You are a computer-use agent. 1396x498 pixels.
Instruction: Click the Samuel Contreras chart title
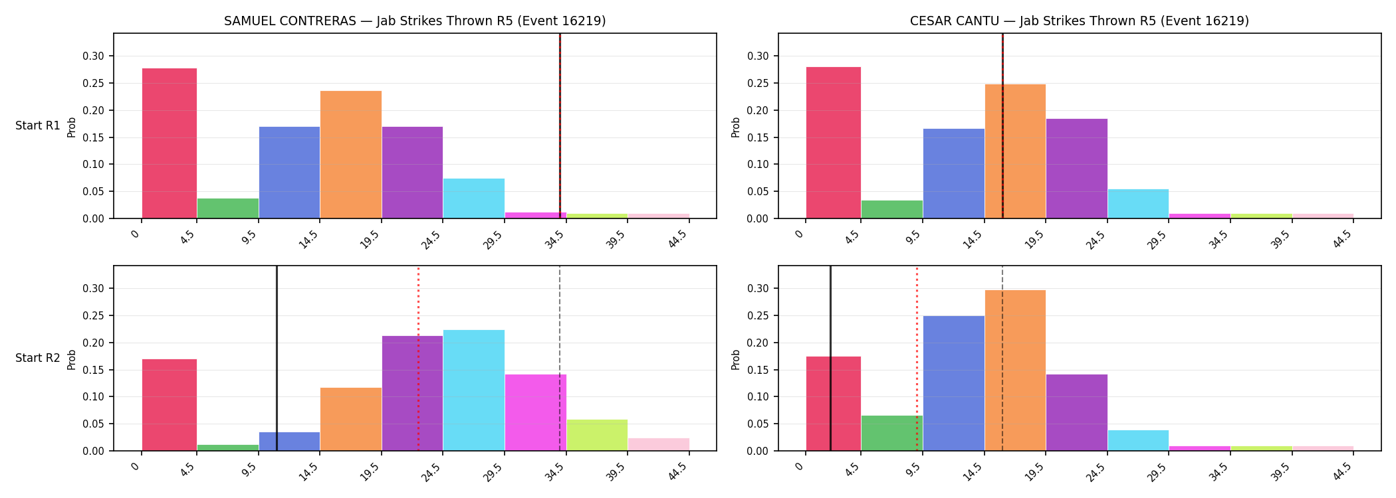coord(415,21)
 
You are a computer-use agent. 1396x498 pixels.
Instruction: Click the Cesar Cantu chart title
coord(1080,21)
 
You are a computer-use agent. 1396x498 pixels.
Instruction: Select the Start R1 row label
coord(38,125)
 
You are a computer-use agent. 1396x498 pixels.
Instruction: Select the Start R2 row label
coord(38,358)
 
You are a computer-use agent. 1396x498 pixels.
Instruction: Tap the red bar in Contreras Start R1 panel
coord(170,143)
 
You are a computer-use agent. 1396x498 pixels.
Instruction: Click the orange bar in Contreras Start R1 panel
coord(351,155)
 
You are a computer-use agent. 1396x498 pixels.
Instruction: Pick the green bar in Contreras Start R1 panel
coord(228,208)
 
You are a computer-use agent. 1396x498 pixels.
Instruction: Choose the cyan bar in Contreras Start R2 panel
coord(474,390)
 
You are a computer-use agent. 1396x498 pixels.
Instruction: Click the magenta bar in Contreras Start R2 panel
coord(535,412)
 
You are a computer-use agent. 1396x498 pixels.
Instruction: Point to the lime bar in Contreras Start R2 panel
coord(597,435)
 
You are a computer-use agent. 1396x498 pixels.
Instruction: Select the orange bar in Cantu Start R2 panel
coord(1015,371)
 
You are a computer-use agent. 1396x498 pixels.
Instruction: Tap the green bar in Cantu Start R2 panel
coord(892,433)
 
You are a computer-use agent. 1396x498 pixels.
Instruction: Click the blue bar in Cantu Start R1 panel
coord(954,173)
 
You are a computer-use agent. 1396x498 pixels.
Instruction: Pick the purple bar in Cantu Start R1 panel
coord(1077,169)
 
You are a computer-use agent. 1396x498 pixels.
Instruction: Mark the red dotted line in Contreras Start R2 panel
coord(418,359)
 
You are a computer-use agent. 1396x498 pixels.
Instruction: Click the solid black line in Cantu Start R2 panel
coord(830,359)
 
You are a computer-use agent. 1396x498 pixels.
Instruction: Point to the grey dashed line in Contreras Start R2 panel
coord(560,359)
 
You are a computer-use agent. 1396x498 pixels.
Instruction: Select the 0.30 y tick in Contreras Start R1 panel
coord(94,56)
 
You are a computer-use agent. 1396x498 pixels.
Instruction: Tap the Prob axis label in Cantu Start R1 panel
coord(736,127)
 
